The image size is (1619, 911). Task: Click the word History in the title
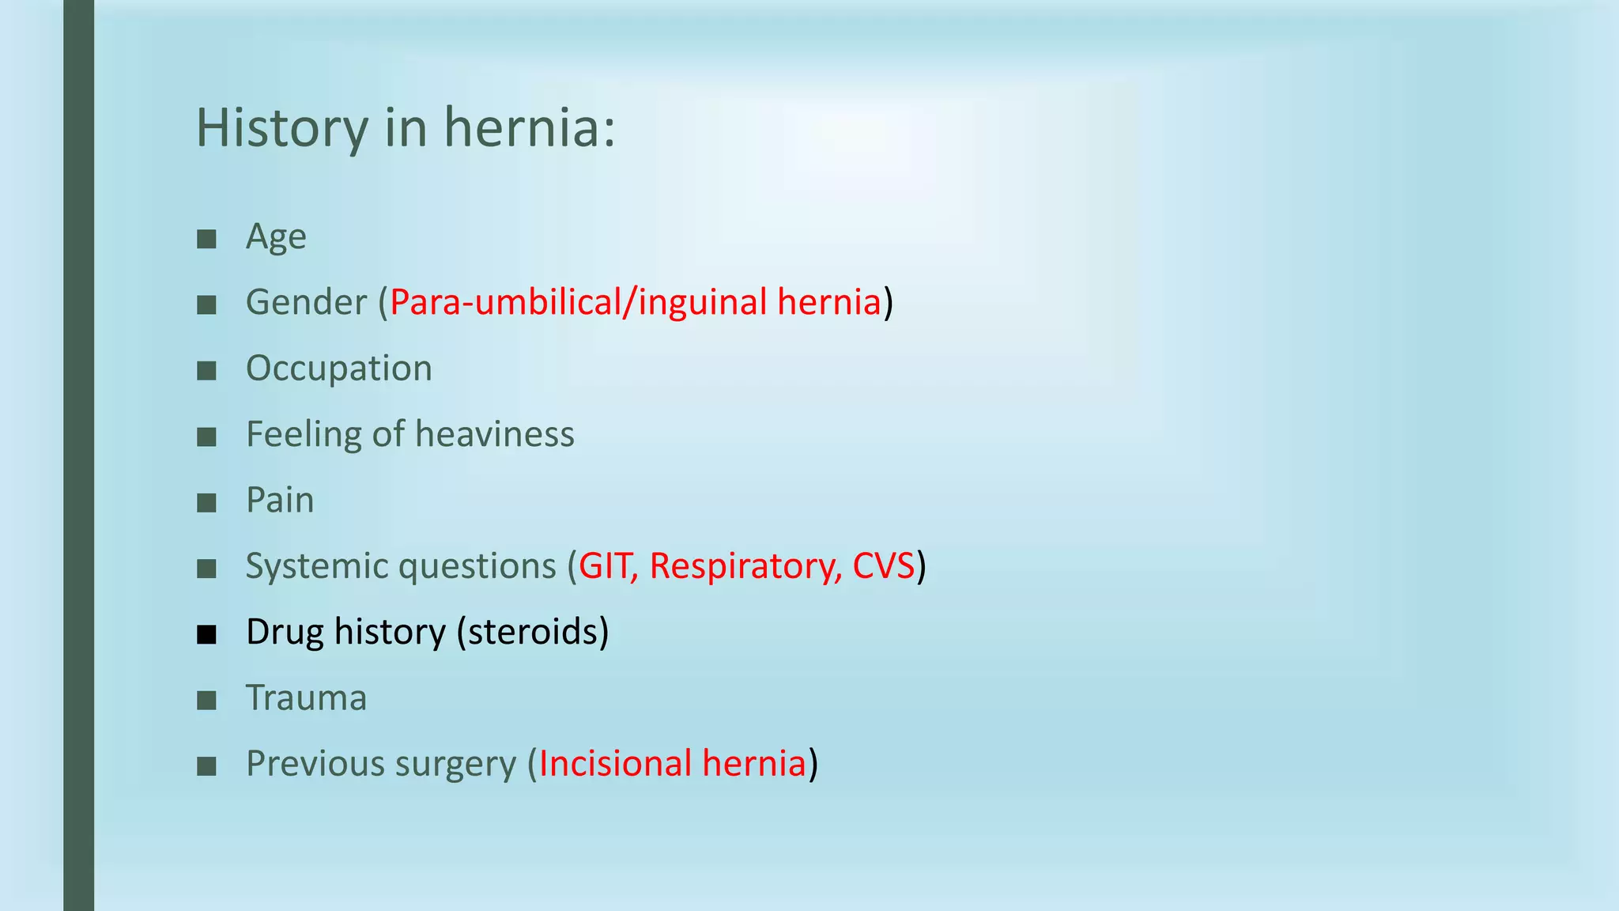point(281,128)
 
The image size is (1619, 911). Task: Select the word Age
point(276,237)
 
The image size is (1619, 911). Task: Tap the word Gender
point(307,303)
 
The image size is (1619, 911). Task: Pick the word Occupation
point(339,369)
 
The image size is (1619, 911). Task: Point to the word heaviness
point(495,435)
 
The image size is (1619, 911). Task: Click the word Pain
point(280,501)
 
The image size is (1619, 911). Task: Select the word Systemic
point(316,567)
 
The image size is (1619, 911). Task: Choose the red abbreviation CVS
point(883,567)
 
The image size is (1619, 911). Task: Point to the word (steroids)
point(533,633)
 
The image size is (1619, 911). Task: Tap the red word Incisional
point(616,765)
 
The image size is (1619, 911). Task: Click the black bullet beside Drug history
point(206,634)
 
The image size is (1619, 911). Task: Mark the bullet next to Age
point(206,239)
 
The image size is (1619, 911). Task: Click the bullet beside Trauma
point(206,700)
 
